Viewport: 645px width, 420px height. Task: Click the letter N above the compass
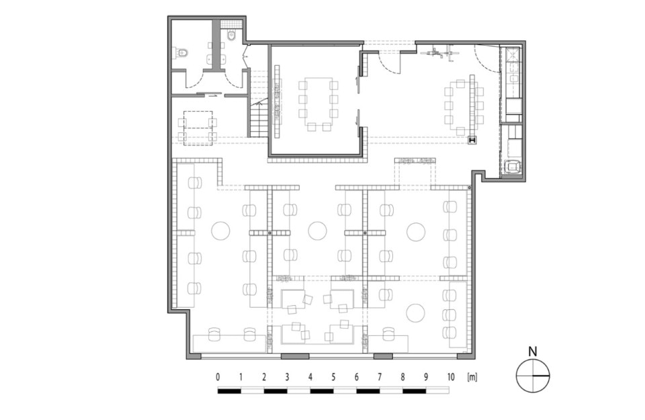pos(533,351)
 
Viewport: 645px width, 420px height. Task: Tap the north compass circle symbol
pos(533,376)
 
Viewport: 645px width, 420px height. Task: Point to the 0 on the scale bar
pos(218,377)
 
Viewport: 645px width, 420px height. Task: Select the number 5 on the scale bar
pos(333,377)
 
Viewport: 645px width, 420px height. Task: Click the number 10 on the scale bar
pos(451,377)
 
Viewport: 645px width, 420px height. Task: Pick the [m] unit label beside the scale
pos(472,377)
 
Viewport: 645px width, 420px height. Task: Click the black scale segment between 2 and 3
pos(275,391)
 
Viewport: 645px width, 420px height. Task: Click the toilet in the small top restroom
pos(231,36)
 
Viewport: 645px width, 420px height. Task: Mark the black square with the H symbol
pos(472,140)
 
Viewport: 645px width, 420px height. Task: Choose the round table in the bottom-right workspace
pos(415,313)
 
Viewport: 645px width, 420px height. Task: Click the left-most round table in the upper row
pos(220,230)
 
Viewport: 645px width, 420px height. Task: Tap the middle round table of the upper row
pos(318,230)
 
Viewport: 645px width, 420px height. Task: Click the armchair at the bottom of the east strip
pos(512,167)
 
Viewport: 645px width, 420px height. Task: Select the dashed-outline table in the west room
pos(198,128)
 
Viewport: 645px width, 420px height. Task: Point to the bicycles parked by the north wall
pos(440,52)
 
